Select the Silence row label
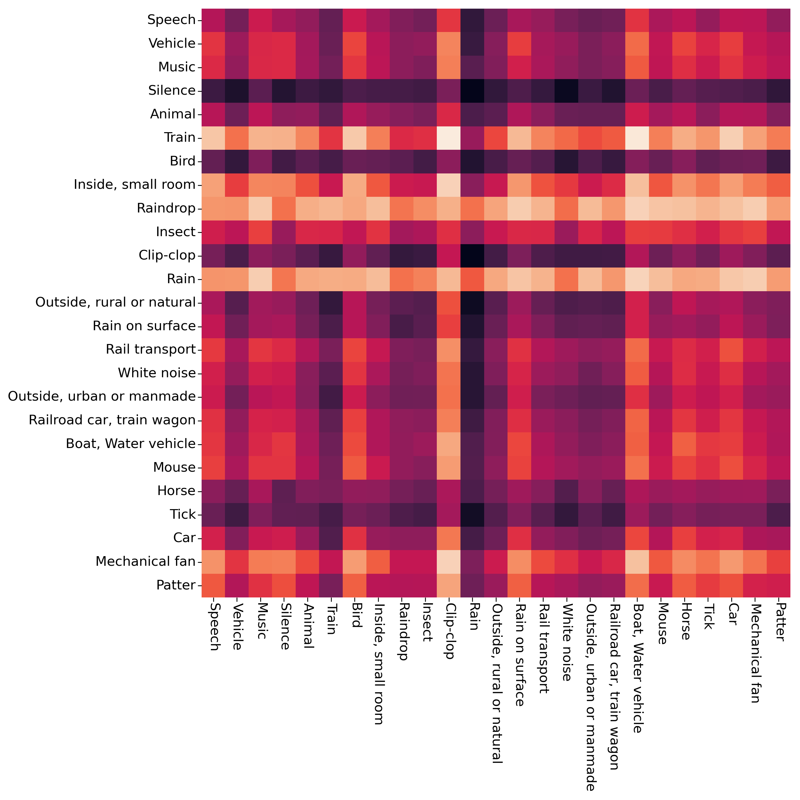pyautogui.click(x=172, y=91)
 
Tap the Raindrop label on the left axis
pyautogui.click(x=166, y=208)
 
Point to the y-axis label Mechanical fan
pyautogui.click(x=145, y=562)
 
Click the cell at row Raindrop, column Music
pyautogui.click(x=260, y=208)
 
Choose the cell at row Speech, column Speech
pyautogui.click(x=213, y=20)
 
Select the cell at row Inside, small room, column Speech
pyautogui.click(x=213, y=185)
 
